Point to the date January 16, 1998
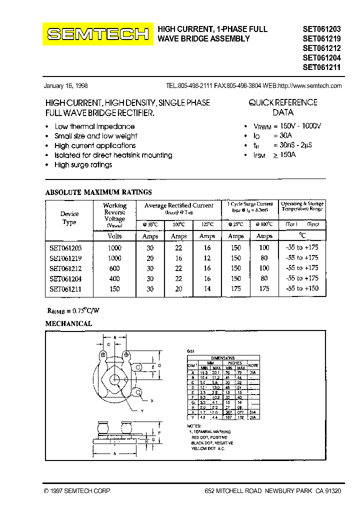tap(66, 85)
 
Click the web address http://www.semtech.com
tap(309, 85)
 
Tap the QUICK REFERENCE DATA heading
tap(283, 107)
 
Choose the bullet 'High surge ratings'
tap(83, 165)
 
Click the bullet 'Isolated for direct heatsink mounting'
tap(113, 155)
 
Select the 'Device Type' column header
tap(69, 218)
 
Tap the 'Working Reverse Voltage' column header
tap(115, 215)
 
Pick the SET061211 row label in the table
tap(65, 289)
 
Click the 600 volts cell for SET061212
tap(114, 268)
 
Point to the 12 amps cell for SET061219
tap(207, 258)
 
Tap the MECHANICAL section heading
tap(69, 324)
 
